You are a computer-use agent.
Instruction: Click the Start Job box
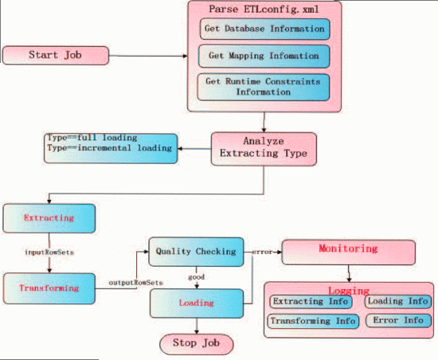coord(56,55)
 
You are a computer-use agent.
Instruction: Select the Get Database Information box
coord(263,29)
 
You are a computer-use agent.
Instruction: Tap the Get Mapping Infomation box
coord(263,57)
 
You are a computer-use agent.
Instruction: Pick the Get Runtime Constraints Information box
coord(263,86)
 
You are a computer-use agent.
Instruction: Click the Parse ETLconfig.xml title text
coord(263,10)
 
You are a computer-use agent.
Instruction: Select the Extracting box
coord(49,217)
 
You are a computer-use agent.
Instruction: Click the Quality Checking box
coord(194,252)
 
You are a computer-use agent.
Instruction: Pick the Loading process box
coord(195,303)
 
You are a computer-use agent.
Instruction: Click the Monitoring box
coord(348,250)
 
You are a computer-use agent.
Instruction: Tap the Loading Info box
coord(397,302)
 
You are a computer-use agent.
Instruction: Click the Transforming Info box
coord(312,321)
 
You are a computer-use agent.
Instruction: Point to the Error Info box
coord(398,321)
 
